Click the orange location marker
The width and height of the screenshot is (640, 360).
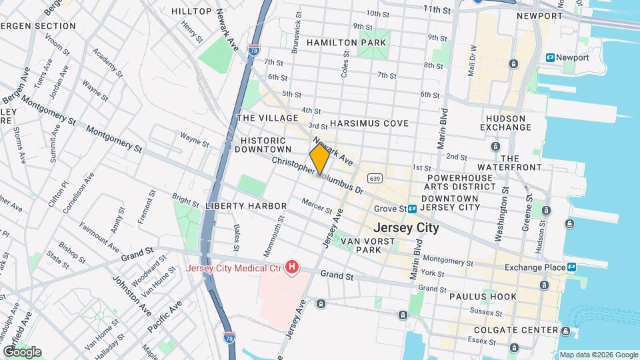click(x=320, y=160)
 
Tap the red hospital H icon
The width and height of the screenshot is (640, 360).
click(x=291, y=268)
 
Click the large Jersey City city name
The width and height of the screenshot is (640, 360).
click(x=406, y=227)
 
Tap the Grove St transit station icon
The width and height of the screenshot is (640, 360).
click(x=413, y=208)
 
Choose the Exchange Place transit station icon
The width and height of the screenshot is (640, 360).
click(x=571, y=267)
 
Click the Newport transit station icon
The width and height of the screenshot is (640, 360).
click(x=550, y=58)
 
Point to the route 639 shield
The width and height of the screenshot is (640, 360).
click(x=375, y=178)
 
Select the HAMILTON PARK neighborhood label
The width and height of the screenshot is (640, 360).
click(x=346, y=43)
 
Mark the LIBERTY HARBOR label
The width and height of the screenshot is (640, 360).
click(x=246, y=206)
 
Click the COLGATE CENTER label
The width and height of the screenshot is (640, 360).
click(x=515, y=330)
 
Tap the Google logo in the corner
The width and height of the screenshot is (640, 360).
click(x=21, y=351)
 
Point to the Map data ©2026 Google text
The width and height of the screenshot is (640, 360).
click(x=599, y=355)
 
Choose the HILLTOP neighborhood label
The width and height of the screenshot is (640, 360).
click(x=191, y=11)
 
